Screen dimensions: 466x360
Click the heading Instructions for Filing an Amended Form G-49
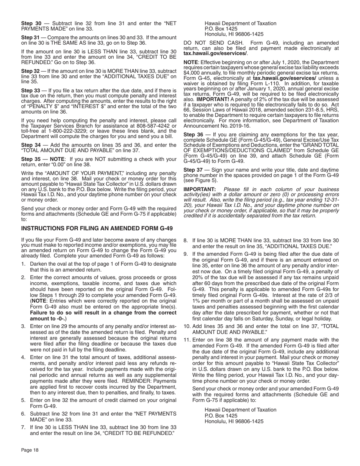pyautogui.click(x=97, y=228)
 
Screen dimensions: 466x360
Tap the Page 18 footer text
pyautogui.click(x=30, y=450)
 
